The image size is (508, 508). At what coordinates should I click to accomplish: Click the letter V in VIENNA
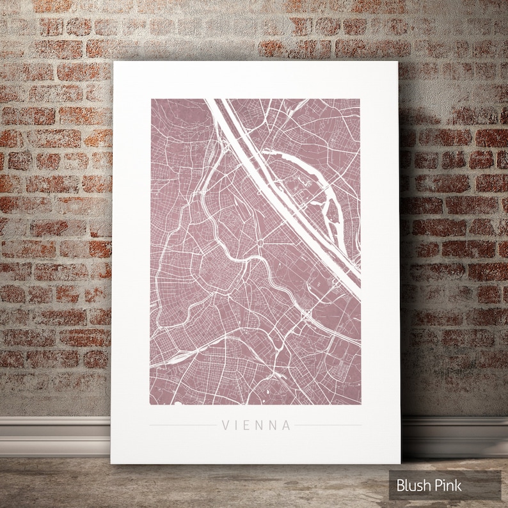(225, 425)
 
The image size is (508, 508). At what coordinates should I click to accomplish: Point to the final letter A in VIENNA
(287, 425)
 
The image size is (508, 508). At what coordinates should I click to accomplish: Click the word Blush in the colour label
(413, 486)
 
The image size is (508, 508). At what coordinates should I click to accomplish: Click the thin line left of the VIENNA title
(182, 425)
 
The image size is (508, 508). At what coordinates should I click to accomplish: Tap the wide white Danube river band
(282, 192)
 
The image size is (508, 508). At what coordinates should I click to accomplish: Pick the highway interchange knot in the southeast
(306, 315)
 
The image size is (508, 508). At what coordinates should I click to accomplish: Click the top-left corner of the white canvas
(113, 63)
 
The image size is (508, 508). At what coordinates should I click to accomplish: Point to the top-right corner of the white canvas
(398, 63)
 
